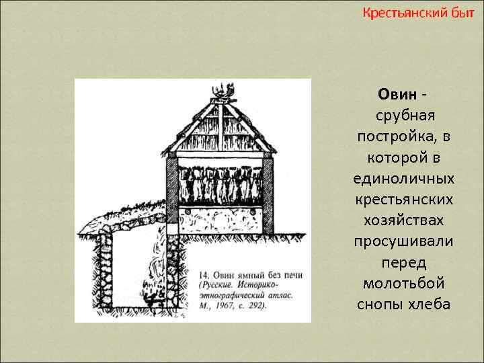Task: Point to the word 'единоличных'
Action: click(403, 179)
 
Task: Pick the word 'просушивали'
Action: click(403, 241)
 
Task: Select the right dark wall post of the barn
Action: click(269, 195)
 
